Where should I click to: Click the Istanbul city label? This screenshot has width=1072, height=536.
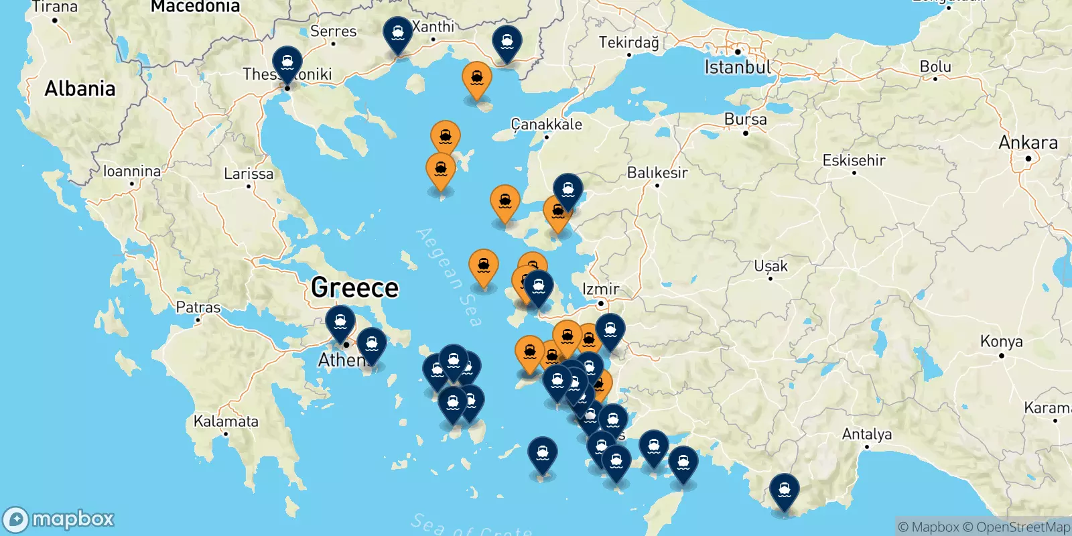[738, 67]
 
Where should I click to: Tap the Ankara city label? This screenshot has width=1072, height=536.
[1028, 143]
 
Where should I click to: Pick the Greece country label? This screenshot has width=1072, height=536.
[354, 287]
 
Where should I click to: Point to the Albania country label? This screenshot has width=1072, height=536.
[80, 88]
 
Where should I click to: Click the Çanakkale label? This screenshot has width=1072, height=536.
[546, 124]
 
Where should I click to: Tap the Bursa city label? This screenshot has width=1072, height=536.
[745, 119]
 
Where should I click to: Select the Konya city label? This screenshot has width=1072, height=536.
[1001, 342]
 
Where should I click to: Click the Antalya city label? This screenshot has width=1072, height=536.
[866, 434]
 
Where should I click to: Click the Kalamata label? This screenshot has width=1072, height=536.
[226, 421]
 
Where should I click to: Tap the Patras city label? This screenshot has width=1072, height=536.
[198, 308]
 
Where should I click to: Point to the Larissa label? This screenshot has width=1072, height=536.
[249, 174]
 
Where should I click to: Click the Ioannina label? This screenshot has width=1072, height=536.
[132, 172]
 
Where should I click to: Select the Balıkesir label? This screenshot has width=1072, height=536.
[657, 173]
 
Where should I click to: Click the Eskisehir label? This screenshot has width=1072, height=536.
[854, 161]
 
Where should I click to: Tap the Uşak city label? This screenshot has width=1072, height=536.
[770, 266]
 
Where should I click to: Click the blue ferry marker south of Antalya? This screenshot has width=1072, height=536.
[784, 491]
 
